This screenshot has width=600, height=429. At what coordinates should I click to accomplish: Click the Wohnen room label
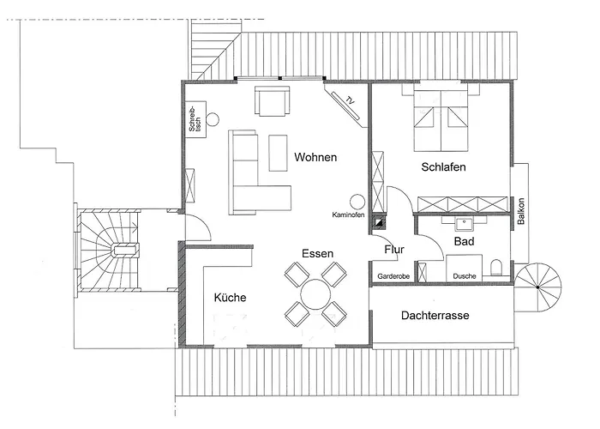(x=315, y=157)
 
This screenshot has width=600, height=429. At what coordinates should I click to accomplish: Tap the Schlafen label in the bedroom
(x=443, y=167)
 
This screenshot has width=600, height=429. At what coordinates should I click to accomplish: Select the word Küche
(x=230, y=298)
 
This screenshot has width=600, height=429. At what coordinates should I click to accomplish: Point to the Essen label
(x=317, y=253)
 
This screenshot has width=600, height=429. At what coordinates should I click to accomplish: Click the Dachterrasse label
(x=435, y=315)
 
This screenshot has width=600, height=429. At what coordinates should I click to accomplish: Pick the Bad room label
(x=465, y=241)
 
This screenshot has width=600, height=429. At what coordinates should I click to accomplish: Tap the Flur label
(x=394, y=250)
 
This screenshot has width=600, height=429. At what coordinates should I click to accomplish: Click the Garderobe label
(x=393, y=276)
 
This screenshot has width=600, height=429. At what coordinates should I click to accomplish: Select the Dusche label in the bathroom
(x=465, y=276)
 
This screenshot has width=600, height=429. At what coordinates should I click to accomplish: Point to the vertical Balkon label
(x=521, y=211)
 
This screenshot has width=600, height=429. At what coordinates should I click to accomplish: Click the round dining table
(x=315, y=294)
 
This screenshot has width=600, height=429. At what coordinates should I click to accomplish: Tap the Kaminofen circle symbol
(x=357, y=202)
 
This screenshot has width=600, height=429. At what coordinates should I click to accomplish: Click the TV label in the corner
(x=350, y=100)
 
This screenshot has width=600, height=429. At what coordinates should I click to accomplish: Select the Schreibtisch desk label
(x=195, y=119)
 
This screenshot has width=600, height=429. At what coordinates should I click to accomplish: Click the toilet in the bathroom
(x=496, y=268)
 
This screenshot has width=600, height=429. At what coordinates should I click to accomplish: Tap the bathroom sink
(x=465, y=224)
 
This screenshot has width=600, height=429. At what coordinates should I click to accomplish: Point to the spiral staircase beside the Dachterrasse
(x=538, y=287)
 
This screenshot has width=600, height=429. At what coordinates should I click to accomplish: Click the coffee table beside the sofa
(x=278, y=153)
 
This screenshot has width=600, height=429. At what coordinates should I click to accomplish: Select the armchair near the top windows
(x=272, y=101)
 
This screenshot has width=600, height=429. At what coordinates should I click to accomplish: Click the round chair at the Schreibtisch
(x=213, y=119)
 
